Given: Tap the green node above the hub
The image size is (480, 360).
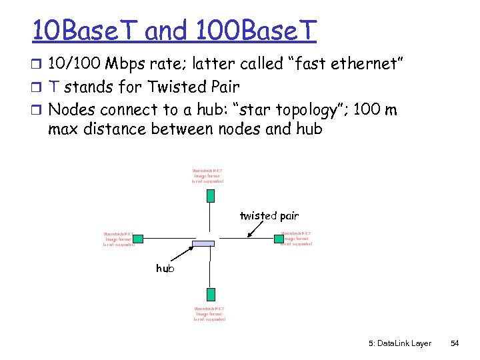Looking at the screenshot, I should (210, 195).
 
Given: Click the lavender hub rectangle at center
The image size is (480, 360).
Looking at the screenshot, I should (204, 244).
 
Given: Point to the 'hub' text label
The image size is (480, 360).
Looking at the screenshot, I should (165, 268).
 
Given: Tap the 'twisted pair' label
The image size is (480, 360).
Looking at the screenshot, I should (269, 215).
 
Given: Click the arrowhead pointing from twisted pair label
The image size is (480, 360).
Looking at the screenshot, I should (248, 234).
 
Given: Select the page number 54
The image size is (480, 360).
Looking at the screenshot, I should (455, 343).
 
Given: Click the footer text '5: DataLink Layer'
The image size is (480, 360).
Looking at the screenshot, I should (399, 343).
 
